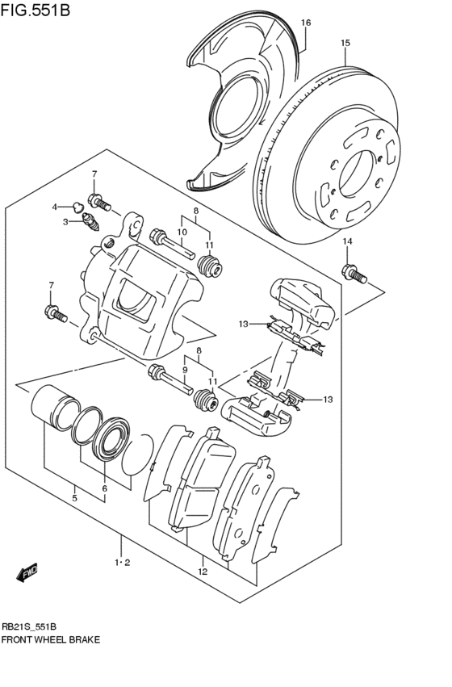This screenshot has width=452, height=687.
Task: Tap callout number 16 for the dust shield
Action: click(x=306, y=23)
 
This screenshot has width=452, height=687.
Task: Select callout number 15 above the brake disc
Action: click(x=345, y=43)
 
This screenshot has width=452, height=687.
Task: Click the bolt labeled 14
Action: click(x=354, y=274)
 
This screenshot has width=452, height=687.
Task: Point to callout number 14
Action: click(x=347, y=241)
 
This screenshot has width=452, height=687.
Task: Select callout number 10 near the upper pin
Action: click(x=182, y=232)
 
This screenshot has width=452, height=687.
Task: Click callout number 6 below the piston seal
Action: click(x=104, y=488)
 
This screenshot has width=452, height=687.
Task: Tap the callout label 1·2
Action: click(x=122, y=563)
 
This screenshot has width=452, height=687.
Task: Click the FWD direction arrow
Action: click(x=27, y=572)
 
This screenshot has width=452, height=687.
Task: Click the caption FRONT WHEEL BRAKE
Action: click(x=51, y=639)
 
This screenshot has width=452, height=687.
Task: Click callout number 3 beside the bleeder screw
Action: click(x=66, y=220)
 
